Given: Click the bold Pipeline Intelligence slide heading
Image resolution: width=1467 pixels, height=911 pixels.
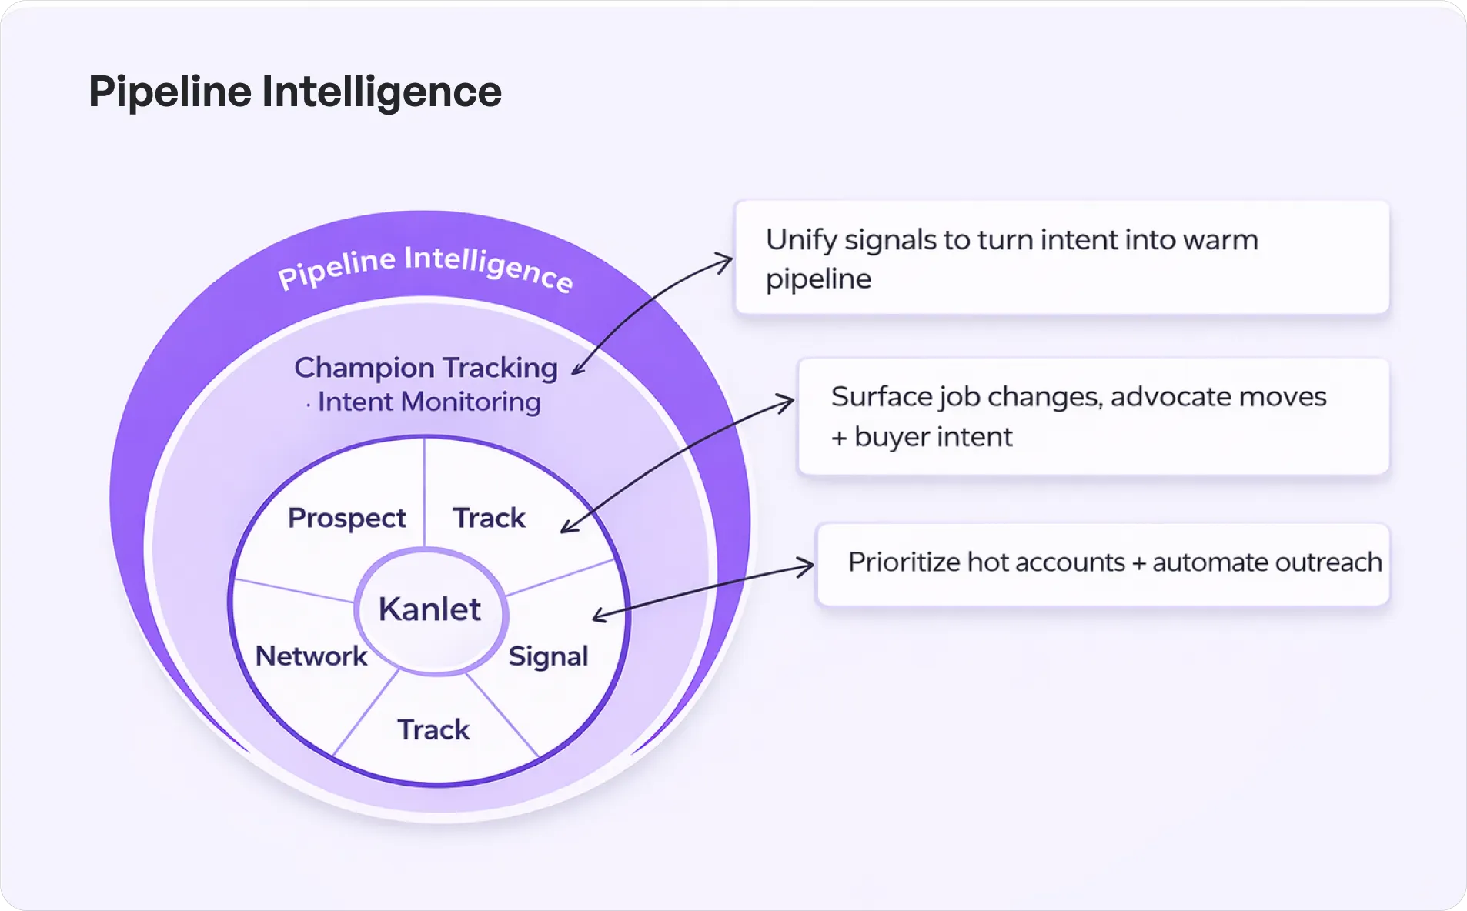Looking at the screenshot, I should click(x=295, y=92).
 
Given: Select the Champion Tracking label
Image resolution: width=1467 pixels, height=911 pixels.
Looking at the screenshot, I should click(x=426, y=368).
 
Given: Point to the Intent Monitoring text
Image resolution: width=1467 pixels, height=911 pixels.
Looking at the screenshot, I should click(x=429, y=402).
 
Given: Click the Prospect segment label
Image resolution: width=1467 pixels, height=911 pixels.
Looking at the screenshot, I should click(x=346, y=518).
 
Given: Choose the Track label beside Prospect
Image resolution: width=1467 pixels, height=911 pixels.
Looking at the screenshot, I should click(x=489, y=518).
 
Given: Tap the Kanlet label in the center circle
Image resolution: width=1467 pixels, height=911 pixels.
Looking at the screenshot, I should click(x=429, y=609).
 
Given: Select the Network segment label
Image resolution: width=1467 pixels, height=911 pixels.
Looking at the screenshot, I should click(x=311, y=656).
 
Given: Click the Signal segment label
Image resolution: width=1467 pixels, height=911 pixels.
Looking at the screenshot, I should click(x=548, y=656).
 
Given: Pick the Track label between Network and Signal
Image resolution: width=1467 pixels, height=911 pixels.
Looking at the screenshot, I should click(x=433, y=729).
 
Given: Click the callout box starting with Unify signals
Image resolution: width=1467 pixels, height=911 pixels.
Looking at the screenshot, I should click(x=1062, y=258).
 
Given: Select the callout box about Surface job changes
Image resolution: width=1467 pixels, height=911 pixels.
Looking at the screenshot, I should click(x=1093, y=416).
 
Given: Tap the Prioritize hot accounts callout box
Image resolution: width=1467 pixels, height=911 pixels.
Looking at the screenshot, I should click(x=1102, y=564).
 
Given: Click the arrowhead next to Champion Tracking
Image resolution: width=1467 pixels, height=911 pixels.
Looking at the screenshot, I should click(x=577, y=371).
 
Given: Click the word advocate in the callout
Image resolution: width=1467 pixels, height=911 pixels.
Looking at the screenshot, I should click(x=1170, y=397).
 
